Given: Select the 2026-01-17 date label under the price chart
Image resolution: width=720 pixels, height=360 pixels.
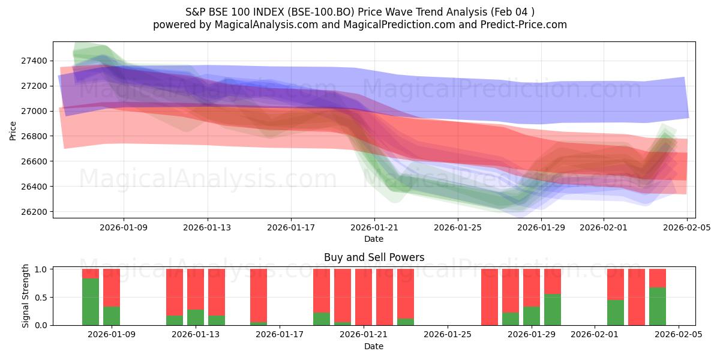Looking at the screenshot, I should click(x=291, y=227).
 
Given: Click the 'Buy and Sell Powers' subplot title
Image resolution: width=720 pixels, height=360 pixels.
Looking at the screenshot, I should click(x=374, y=257).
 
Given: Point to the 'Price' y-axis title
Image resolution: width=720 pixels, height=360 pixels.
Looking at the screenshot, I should click(x=14, y=130).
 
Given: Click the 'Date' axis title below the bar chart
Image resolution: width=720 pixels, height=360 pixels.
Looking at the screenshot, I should click(x=374, y=346).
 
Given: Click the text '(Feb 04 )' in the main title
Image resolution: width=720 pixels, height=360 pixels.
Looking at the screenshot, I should click(x=513, y=11).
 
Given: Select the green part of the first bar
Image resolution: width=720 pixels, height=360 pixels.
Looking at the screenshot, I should click(x=91, y=302).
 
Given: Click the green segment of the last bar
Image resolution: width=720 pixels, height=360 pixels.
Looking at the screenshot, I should click(x=658, y=307).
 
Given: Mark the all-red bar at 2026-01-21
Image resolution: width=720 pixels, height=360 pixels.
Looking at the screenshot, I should click(x=364, y=297).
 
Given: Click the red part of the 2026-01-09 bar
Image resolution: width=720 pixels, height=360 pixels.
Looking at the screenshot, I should click(x=112, y=287).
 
